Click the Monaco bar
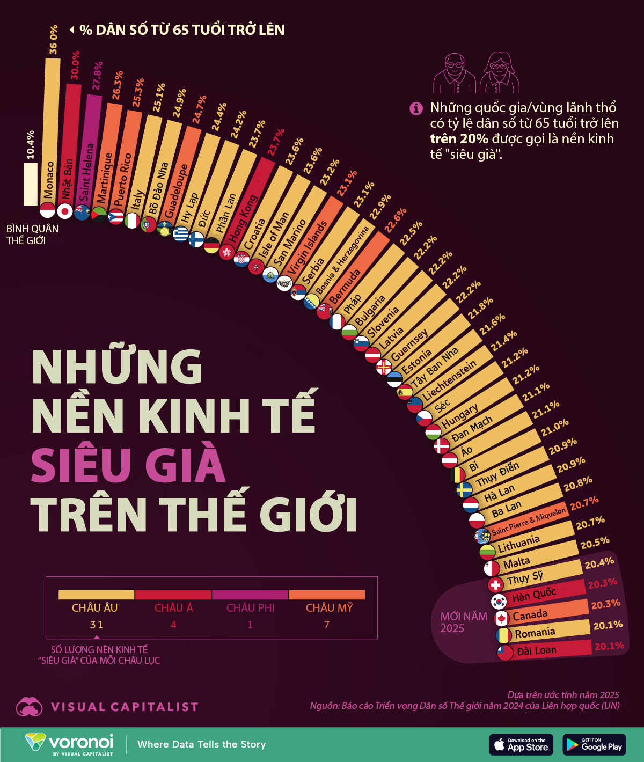(x=52, y=129)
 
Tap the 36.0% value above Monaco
(x=53, y=40)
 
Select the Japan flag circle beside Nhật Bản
(x=65, y=211)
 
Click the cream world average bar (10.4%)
(x=31, y=184)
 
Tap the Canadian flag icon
(x=501, y=619)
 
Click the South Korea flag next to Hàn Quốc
(x=499, y=601)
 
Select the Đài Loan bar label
(x=537, y=650)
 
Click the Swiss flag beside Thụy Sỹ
(x=495, y=584)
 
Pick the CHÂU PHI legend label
(x=250, y=608)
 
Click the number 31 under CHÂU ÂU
(x=97, y=625)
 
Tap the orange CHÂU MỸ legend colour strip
(x=326, y=595)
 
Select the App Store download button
(x=521, y=744)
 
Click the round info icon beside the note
(x=416, y=108)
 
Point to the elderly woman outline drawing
(x=500, y=73)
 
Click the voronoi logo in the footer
(x=70, y=744)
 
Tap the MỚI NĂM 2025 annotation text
(x=464, y=622)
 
